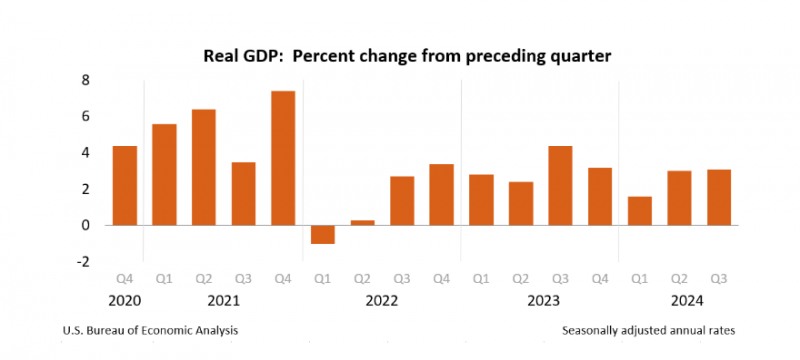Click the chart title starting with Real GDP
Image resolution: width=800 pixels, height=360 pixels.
400,54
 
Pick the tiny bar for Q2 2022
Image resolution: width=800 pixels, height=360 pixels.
362,222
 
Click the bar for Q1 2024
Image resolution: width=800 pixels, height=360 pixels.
639,210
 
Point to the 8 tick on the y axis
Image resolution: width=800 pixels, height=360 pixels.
86,80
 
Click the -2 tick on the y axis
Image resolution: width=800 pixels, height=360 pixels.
83,262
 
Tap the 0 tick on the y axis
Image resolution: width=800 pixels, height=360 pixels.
86,225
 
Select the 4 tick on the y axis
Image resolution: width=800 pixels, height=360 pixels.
86,153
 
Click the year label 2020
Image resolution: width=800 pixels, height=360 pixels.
124,300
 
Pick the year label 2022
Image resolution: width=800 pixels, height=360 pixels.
382,300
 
